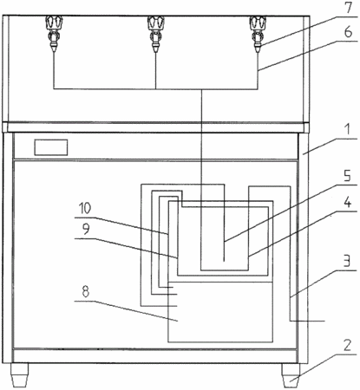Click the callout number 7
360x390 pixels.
tap(349, 7)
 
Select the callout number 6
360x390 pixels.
tap(349, 31)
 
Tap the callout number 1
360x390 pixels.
tap(349, 129)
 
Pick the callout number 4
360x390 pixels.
tap(348, 202)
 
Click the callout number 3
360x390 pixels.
tap(348, 260)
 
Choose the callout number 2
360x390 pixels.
tap(347, 345)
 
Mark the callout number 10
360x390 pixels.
tap(85, 208)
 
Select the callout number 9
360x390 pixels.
tap(86, 229)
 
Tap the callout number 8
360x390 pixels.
tap(85, 291)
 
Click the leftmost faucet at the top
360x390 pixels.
tap(54, 34)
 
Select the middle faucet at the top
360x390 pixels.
tap(156, 34)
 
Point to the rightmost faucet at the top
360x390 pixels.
tap(258, 34)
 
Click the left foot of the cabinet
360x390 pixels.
tap(20, 374)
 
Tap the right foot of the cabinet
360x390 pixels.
tap(291, 375)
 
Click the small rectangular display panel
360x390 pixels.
tap(51, 147)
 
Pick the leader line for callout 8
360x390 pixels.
tap(126, 311)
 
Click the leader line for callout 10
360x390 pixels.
tap(121, 226)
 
